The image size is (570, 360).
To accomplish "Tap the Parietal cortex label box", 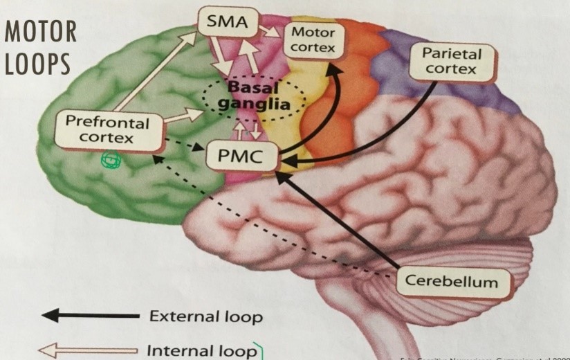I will click(x=451, y=61).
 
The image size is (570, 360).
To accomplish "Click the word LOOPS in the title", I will click(x=37, y=63).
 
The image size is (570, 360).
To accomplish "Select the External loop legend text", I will click(x=205, y=317).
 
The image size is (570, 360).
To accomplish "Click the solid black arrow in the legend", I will click(x=90, y=316).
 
